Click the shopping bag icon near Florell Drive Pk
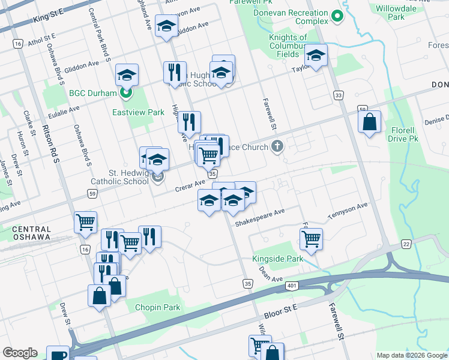coord(370,122)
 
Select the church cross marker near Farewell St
coord(277,146)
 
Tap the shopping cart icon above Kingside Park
coord(311,239)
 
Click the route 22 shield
coord(406,243)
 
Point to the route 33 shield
coord(339,95)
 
